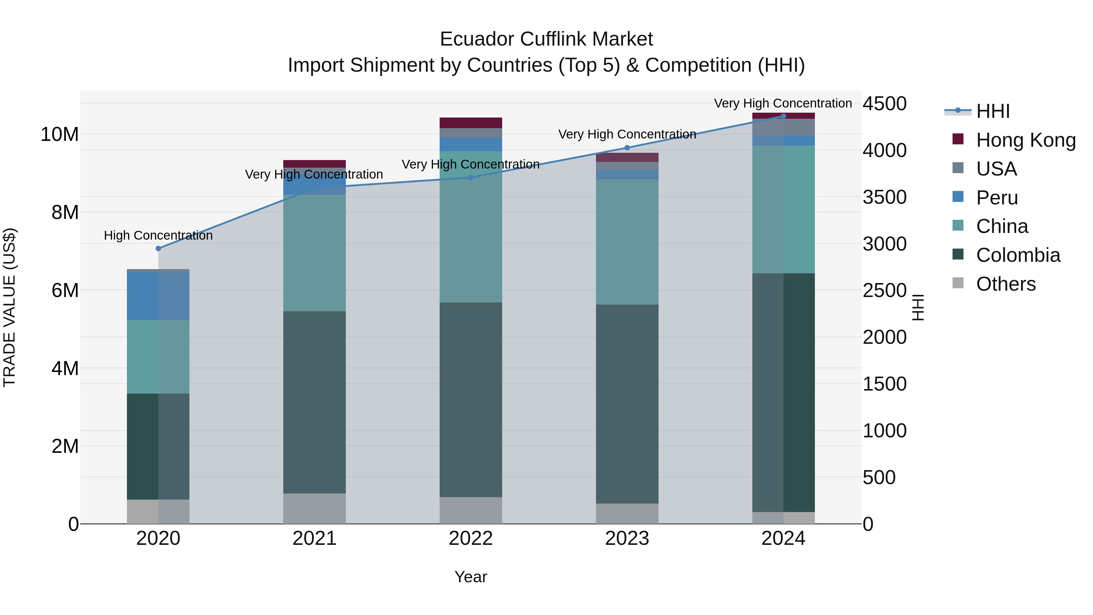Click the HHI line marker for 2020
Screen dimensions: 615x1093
(x=158, y=248)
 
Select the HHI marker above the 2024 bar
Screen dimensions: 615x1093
(x=783, y=116)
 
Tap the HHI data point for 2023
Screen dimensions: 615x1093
(x=627, y=148)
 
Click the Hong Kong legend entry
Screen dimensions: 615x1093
(x=1026, y=140)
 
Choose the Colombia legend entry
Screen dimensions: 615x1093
(x=1017, y=255)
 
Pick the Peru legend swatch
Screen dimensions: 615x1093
(x=958, y=197)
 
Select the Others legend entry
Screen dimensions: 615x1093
(x=1005, y=284)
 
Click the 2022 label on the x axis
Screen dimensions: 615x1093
(x=471, y=538)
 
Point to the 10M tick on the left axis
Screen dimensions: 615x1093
(x=60, y=135)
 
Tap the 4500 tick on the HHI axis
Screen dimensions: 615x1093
(x=885, y=104)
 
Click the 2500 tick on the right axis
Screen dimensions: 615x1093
(x=885, y=291)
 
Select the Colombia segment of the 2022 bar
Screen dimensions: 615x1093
(x=471, y=399)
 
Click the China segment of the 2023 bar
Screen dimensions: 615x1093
(x=627, y=242)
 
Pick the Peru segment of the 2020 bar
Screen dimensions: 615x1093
(x=158, y=296)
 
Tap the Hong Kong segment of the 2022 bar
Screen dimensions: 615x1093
(x=471, y=123)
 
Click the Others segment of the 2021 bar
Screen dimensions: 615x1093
(x=315, y=508)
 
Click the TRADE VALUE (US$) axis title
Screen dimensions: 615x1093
(x=9, y=307)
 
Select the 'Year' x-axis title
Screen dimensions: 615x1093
(x=471, y=577)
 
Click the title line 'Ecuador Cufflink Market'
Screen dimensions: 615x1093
(x=546, y=39)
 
